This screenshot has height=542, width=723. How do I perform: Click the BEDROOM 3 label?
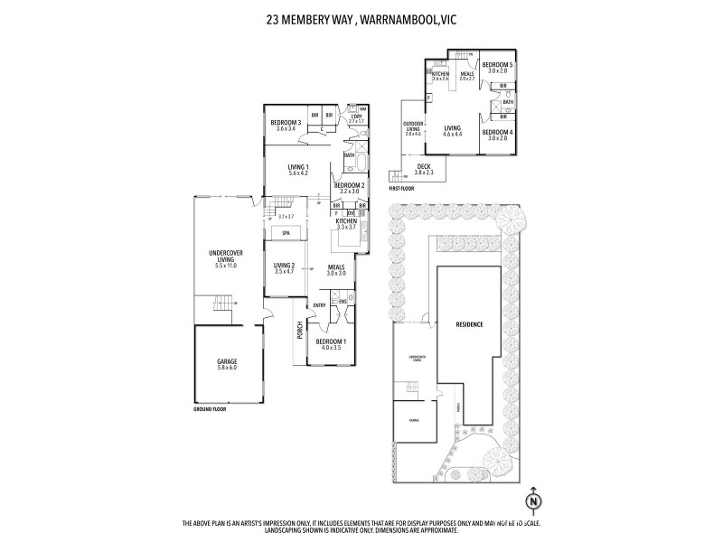286,122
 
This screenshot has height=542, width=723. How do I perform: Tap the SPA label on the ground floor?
285,233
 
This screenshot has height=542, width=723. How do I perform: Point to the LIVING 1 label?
298,167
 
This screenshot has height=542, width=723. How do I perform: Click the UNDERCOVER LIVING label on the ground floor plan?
214,257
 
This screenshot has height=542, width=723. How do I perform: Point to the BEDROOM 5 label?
497,65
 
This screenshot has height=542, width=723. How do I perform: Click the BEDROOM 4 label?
497,133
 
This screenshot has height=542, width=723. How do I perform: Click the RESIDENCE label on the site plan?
468,324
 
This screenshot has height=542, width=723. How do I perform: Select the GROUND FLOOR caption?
210,409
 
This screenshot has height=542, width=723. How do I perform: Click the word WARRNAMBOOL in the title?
391,16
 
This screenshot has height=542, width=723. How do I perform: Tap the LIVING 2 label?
286,266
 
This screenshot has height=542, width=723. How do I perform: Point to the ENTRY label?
319,305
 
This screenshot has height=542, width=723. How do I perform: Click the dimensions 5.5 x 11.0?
214,265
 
